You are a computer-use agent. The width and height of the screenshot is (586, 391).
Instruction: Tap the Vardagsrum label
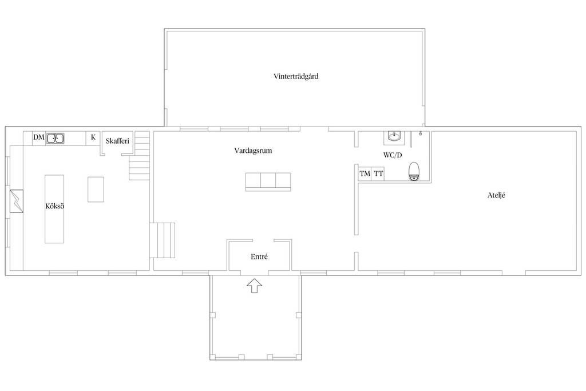pyautogui.click(x=253, y=151)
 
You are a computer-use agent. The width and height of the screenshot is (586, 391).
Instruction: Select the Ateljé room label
pyautogui.click(x=496, y=195)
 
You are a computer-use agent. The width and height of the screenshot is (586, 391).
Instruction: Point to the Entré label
pyautogui.click(x=259, y=257)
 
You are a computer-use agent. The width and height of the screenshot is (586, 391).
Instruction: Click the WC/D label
pyautogui.click(x=393, y=155)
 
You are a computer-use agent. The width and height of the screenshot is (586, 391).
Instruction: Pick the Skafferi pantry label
pyautogui.click(x=117, y=141)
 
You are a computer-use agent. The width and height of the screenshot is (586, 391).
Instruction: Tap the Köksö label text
pyautogui.click(x=54, y=206)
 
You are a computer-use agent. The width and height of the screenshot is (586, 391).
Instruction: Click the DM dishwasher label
pyautogui.click(x=39, y=137)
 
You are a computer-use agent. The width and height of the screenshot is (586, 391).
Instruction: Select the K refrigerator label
pyautogui.click(x=93, y=137)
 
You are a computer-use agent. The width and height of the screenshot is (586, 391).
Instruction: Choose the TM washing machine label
pyautogui.click(x=365, y=173)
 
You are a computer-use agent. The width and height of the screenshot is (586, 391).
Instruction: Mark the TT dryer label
pyautogui.click(x=378, y=173)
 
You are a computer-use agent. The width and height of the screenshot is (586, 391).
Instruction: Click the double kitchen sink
pyautogui.click(x=56, y=139)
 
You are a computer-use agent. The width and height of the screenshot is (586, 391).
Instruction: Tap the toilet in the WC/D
pyautogui.click(x=414, y=171)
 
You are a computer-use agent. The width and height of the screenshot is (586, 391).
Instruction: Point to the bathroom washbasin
pyautogui.click(x=394, y=136)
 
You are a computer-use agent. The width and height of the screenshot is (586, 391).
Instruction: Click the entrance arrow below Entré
pyautogui.click(x=254, y=286)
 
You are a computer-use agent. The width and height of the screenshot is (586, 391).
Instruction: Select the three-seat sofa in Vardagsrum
pyautogui.click(x=268, y=182)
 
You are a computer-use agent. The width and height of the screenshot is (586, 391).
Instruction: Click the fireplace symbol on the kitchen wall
pyautogui.click(x=17, y=202)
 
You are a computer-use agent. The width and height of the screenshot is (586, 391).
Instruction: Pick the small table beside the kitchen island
pyautogui.click(x=96, y=189)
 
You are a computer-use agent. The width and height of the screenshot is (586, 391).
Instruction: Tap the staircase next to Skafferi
pyautogui.click(x=140, y=156)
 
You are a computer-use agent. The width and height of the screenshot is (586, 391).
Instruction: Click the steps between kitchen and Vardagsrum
pyautogui.click(x=163, y=240)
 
